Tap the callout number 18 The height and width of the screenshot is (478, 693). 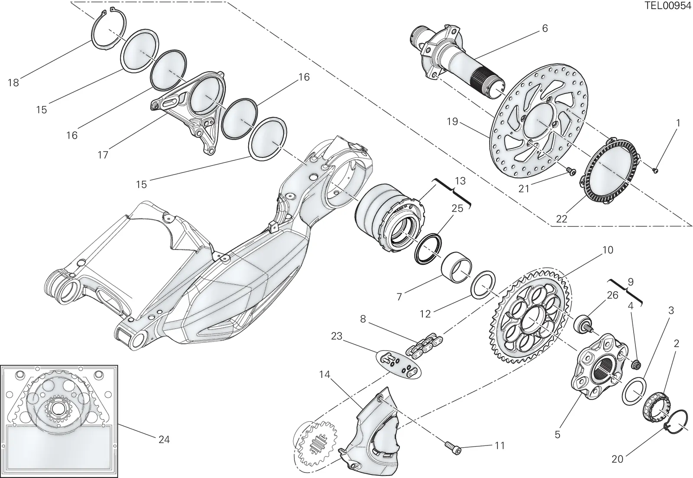coord(13,83)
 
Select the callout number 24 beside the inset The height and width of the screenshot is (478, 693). coord(164,439)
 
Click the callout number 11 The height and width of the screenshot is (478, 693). coord(500,446)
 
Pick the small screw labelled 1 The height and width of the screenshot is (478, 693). coord(655,170)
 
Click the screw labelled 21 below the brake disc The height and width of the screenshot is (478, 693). coord(570,170)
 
